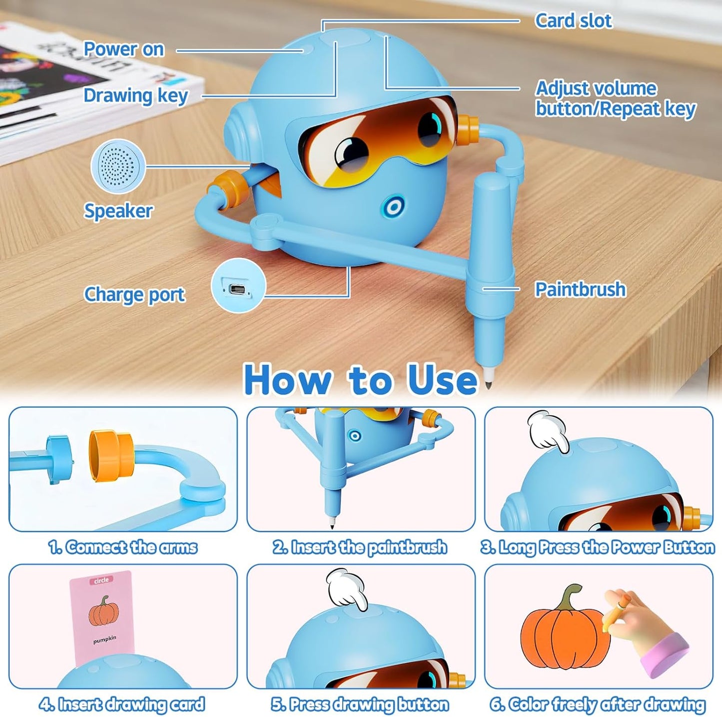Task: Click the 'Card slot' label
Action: [573, 21]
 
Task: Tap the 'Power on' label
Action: [123, 49]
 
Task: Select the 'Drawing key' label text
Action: [135, 95]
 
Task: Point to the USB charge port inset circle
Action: [238, 286]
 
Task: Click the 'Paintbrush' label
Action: [580, 289]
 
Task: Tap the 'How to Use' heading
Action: [360, 380]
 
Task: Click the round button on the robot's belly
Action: [394, 207]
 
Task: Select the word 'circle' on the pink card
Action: [101, 581]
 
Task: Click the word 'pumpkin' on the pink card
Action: [104, 639]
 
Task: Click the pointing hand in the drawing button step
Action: [347, 589]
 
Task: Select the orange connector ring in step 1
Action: [111, 457]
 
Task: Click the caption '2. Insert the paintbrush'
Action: [360, 548]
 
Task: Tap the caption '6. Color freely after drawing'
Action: [598, 705]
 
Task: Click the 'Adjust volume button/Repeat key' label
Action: [615, 98]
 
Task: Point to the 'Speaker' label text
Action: [118, 211]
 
